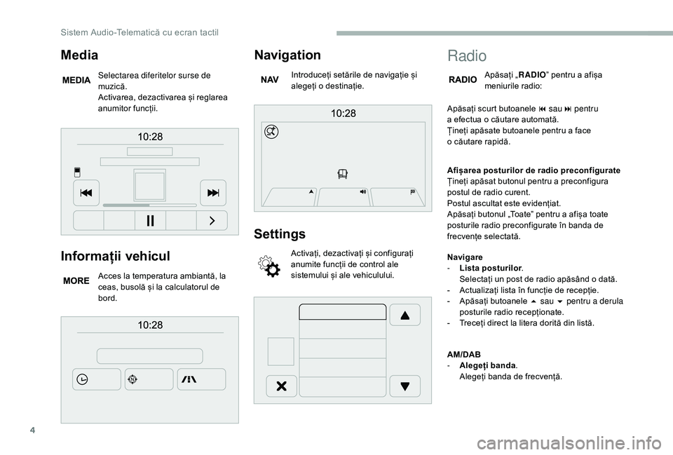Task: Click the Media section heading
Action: (x=79, y=54)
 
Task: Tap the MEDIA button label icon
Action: (x=76, y=81)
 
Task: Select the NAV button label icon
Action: (x=270, y=81)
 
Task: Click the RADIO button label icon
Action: (x=463, y=81)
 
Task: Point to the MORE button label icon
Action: (x=76, y=280)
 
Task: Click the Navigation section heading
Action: (x=287, y=54)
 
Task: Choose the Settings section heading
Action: (x=280, y=233)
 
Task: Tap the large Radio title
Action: (x=466, y=55)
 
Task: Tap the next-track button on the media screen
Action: (x=212, y=193)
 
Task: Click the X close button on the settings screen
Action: (x=281, y=386)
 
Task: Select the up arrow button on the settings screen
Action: (x=405, y=315)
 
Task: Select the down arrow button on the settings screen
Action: (x=405, y=386)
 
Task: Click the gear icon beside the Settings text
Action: (x=270, y=266)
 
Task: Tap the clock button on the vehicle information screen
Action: (x=83, y=379)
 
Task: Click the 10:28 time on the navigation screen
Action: (x=343, y=113)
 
